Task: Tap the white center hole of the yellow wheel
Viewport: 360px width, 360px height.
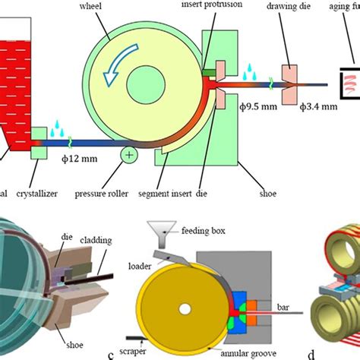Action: pos(184,289)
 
